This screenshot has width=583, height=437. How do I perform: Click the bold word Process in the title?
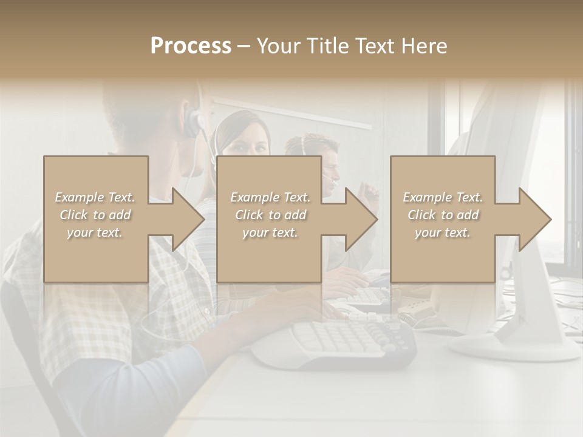pyautogui.click(x=191, y=46)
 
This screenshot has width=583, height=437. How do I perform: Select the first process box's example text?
pyautogui.click(x=95, y=215)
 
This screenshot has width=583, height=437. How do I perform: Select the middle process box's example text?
pyautogui.click(x=270, y=215)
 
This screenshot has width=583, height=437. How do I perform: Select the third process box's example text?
pyautogui.click(x=443, y=215)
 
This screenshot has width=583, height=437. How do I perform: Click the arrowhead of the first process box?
pyautogui.click(x=188, y=219)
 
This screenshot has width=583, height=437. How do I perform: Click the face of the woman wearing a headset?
pyautogui.click(x=249, y=143)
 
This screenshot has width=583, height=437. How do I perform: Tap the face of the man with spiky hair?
pyautogui.click(x=328, y=164)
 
